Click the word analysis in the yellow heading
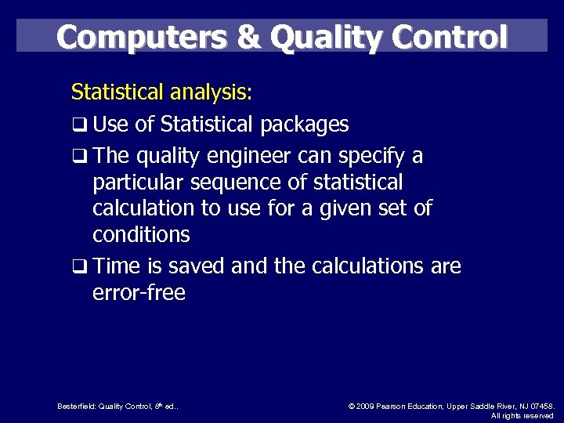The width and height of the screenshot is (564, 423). point(208,92)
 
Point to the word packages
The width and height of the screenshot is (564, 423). point(305,125)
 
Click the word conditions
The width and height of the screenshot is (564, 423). point(141,234)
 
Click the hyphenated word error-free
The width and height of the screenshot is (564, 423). point(139,293)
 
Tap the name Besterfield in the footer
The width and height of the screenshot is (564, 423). point(76,407)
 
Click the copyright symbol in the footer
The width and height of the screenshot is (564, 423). point(350,407)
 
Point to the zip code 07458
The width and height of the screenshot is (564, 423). point(541,407)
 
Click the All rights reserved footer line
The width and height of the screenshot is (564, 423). point(522,416)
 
